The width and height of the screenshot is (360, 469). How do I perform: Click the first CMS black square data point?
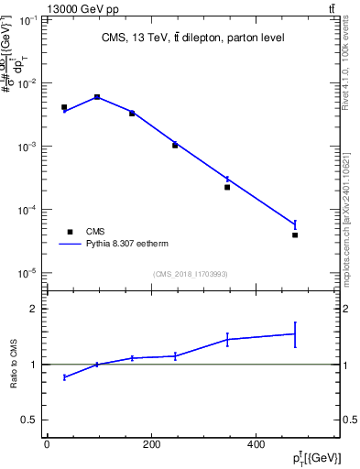tap(64, 107)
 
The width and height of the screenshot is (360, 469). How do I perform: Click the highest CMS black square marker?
tap(97, 97)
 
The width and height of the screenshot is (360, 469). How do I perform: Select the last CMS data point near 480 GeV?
tap(295, 235)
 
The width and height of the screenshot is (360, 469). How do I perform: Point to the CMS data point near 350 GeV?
tap(227, 187)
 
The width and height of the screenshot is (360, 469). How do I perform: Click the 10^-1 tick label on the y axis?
tap(27, 19)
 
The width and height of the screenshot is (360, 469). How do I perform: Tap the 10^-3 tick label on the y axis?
tap(27, 147)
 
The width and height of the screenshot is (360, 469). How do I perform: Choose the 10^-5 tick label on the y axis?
tap(27, 273)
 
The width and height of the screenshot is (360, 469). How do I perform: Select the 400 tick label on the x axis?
tap(256, 445)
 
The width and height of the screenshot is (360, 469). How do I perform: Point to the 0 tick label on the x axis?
tap(47, 445)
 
